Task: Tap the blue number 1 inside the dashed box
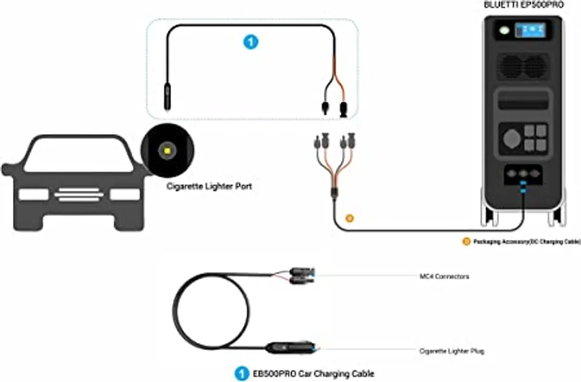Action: coord(250,41)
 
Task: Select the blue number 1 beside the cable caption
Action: coord(242,373)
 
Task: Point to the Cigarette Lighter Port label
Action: coord(209,186)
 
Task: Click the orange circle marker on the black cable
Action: coord(350,217)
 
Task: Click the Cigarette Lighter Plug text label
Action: coord(452,351)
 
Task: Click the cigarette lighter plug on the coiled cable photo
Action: coord(289,346)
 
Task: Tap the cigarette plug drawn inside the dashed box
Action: coord(167,97)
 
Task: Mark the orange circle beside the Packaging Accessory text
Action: coord(466,242)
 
